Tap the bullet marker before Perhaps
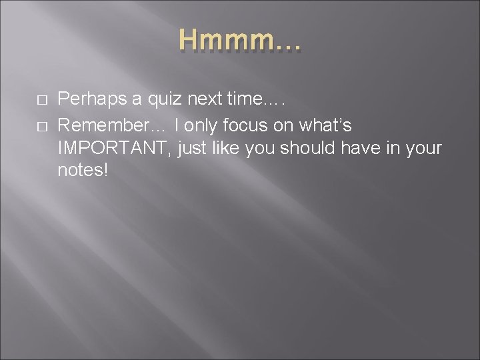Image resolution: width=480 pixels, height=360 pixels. click(x=41, y=100)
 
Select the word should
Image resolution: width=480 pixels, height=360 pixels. click(x=301, y=147)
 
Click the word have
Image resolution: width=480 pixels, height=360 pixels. click(x=359, y=147)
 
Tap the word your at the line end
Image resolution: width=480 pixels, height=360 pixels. click(x=423, y=148)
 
